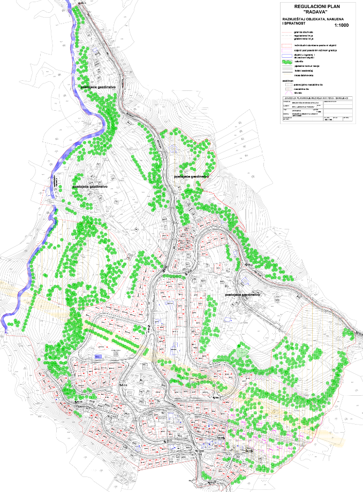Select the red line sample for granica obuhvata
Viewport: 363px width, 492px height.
point(287,32)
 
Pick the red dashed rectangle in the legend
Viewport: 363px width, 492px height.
point(287,45)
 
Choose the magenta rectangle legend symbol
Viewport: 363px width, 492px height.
point(287,50)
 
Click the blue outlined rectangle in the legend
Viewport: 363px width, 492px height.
point(287,56)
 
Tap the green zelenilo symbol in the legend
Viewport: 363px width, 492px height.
point(287,61)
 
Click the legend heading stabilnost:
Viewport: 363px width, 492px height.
point(288,80)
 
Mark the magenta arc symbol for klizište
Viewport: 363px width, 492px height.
point(287,93)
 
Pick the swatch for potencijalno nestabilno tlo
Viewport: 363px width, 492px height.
point(287,84)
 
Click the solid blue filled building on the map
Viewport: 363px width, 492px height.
point(97,356)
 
